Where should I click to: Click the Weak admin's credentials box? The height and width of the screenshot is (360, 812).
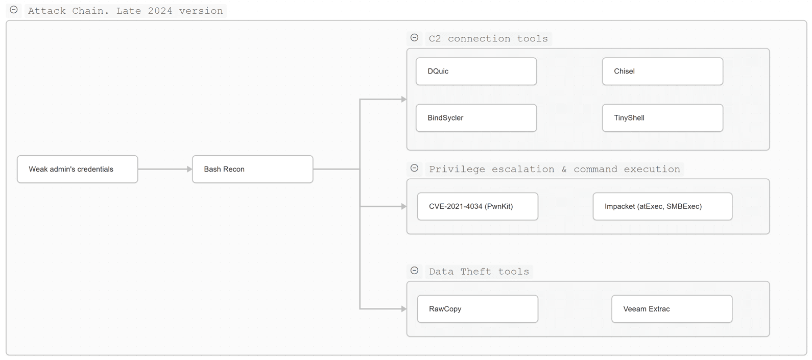tap(77, 170)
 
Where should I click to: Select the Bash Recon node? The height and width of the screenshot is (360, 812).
tap(253, 170)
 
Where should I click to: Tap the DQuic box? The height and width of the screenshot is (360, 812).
tap(476, 71)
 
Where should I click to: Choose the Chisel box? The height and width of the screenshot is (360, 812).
tap(663, 71)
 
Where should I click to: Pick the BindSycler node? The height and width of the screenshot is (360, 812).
tap(476, 118)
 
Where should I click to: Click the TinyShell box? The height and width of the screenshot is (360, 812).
tap(663, 118)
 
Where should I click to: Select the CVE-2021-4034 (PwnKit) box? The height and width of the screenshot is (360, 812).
tap(478, 206)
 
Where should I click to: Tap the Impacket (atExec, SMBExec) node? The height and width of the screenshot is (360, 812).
tap(663, 206)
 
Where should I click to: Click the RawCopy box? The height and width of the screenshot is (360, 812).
tap(478, 309)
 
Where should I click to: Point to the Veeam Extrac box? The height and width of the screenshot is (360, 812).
tap(672, 309)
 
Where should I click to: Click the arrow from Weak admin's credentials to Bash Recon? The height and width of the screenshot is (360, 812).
tap(165, 170)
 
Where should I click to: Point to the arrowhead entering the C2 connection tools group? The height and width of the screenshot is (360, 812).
tap(404, 100)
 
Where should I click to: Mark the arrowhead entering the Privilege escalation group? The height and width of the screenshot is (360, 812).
tap(404, 207)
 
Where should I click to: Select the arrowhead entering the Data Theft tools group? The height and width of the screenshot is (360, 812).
tap(404, 309)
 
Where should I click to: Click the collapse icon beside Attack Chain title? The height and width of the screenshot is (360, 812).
tap(14, 10)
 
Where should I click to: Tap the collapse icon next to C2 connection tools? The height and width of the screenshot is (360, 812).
tap(414, 38)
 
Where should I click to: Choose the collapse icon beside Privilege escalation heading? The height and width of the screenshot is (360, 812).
tap(414, 168)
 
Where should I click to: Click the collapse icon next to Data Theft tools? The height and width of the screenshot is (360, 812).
tap(414, 271)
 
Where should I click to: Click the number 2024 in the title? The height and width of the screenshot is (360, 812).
tap(160, 11)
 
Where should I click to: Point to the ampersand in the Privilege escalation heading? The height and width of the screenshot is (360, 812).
tap(564, 170)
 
